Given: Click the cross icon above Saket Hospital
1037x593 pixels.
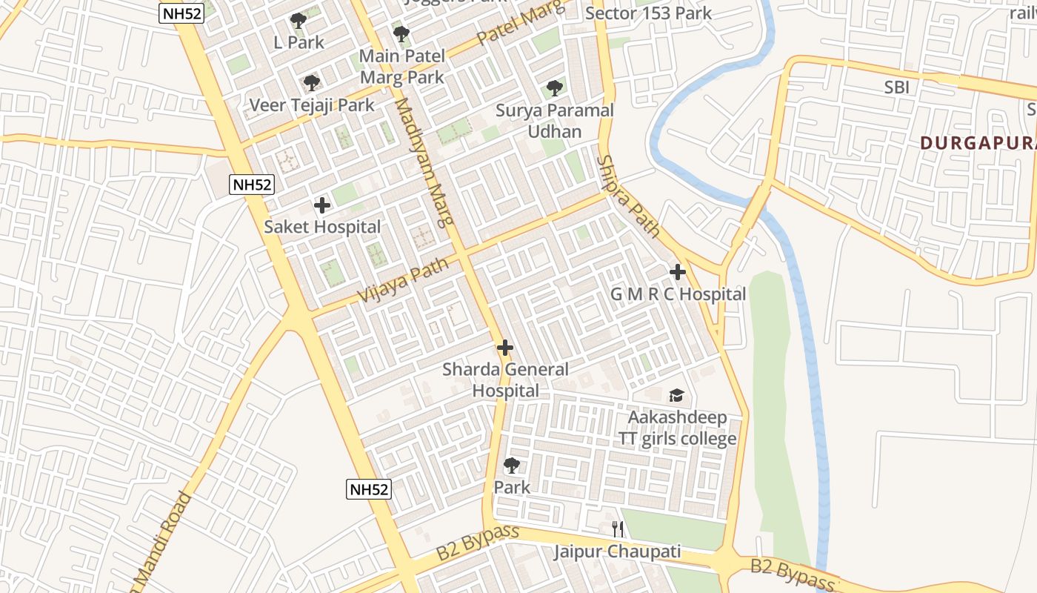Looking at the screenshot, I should (322, 205).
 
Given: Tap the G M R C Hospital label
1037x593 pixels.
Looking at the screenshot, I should (678, 294).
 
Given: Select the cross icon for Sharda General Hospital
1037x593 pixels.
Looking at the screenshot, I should (505, 347).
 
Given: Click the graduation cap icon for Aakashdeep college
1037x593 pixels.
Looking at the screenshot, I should (676, 395).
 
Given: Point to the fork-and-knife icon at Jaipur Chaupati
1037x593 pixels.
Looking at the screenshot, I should (618, 529).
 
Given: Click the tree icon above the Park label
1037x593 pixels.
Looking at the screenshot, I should (511, 466).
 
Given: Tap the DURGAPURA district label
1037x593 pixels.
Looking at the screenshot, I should (978, 142).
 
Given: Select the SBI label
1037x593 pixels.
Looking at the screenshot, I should (896, 87).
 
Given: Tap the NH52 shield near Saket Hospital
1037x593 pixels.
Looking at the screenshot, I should (252, 185).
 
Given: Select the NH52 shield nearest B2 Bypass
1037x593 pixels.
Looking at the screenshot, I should (368, 488).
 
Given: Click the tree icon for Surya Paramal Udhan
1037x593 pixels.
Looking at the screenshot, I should (554, 89).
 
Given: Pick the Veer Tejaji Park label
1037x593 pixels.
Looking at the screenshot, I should (312, 105).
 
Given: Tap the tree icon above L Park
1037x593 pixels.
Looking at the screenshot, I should (299, 21).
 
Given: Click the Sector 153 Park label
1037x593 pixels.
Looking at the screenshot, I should (648, 13).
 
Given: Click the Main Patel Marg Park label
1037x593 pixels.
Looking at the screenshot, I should (402, 66).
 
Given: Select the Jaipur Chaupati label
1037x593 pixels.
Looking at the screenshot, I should (617, 551).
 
